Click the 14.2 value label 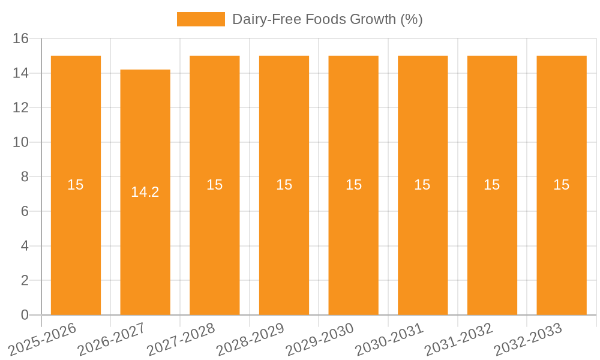(x=145, y=192)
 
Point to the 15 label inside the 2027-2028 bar (x=215, y=185)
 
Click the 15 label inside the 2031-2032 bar (x=492, y=185)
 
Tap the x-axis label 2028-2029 (x=250, y=339)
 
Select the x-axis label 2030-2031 (x=389, y=339)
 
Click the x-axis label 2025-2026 (x=42, y=339)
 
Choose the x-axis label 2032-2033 (x=527, y=339)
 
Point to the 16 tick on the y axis (x=20, y=39)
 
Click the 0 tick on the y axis (x=25, y=315)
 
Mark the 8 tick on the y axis (x=25, y=177)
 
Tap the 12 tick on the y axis (x=20, y=108)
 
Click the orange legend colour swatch (x=200, y=19)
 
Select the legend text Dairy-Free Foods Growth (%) (x=327, y=19)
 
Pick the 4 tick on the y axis (x=25, y=246)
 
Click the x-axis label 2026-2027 (x=111, y=339)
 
